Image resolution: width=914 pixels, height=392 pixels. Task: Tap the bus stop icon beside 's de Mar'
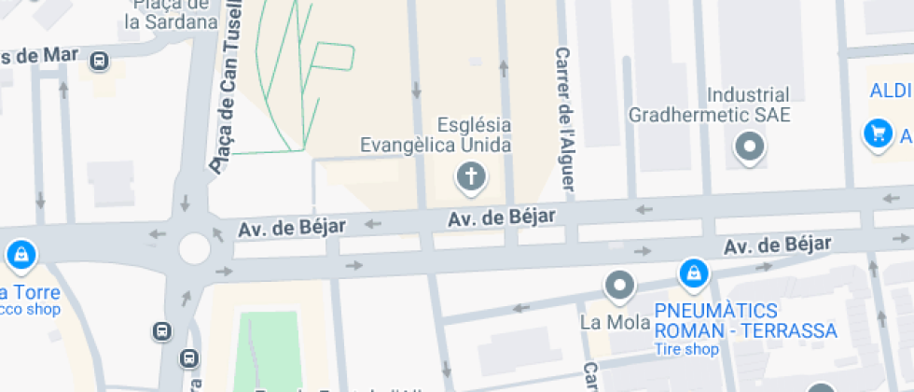point(99,62)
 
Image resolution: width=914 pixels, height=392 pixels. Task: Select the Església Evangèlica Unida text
point(436,134)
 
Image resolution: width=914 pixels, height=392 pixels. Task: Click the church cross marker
point(472,176)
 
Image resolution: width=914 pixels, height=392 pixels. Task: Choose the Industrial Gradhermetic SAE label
point(709,105)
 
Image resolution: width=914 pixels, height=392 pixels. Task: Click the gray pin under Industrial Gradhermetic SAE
point(750,147)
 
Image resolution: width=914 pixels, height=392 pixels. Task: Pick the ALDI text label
point(891,91)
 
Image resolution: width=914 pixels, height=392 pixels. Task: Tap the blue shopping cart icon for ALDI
point(877,133)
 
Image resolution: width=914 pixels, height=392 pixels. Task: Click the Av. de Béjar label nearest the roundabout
point(292,227)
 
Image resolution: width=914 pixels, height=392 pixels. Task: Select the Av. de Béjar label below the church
point(502,217)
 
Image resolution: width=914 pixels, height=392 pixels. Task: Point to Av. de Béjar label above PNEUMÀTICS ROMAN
point(777,245)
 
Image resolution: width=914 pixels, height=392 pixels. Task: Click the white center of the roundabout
point(194,248)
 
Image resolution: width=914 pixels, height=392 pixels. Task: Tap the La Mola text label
point(602,324)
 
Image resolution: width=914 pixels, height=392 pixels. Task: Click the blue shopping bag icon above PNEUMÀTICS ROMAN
point(693,273)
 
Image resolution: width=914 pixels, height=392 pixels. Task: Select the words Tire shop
point(685,350)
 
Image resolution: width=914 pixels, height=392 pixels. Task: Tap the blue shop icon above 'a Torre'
point(21,254)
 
